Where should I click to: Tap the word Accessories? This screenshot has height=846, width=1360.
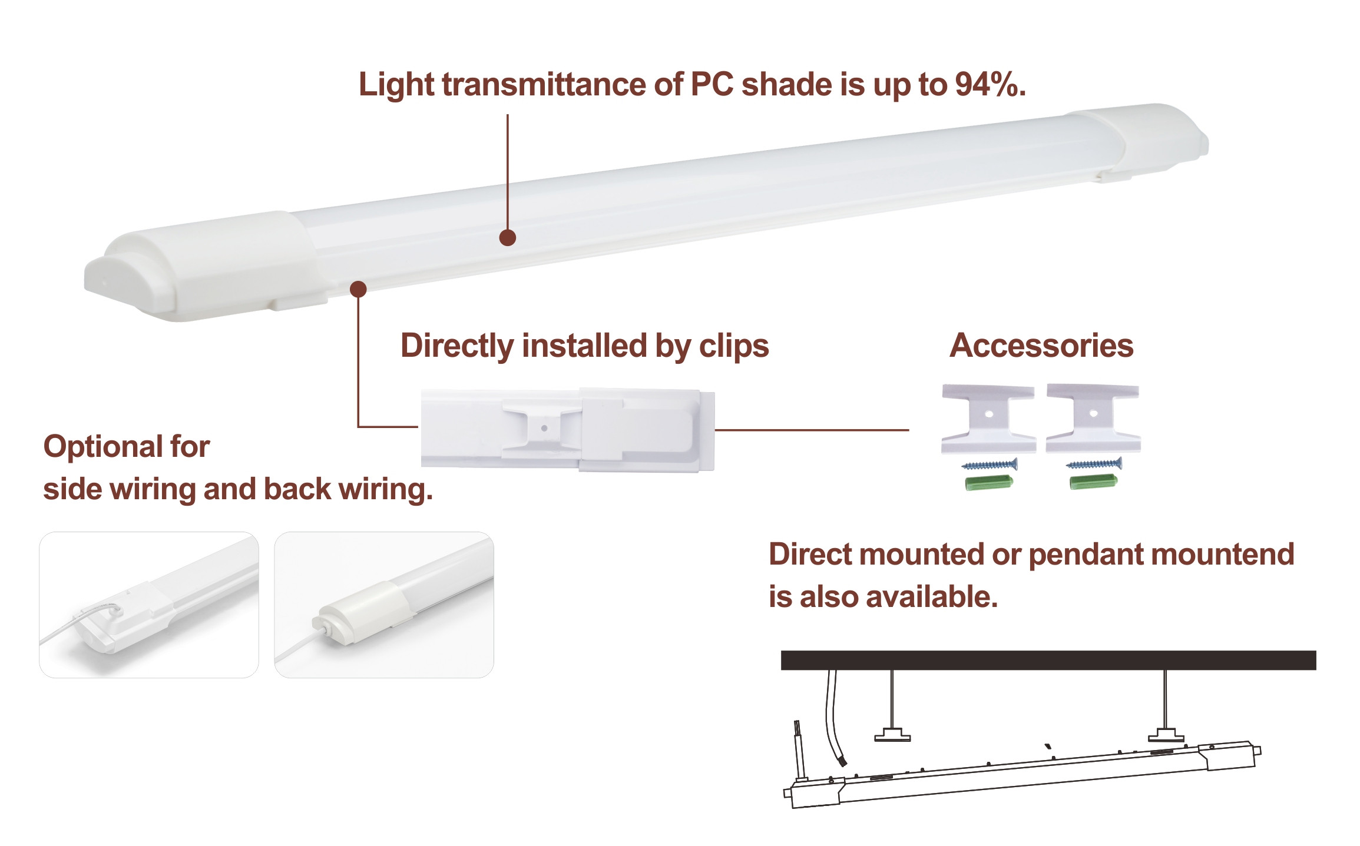tap(1041, 346)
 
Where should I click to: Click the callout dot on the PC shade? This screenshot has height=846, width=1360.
tap(507, 238)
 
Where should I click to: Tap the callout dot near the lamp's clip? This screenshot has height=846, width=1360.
tap(358, 289)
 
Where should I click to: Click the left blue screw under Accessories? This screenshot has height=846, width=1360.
tap(989, 465)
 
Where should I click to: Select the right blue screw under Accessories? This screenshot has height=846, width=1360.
tap(1094, 465)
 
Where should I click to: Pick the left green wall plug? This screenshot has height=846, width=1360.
tap(989, 483)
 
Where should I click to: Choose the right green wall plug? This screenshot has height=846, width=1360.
tap(1093, 483)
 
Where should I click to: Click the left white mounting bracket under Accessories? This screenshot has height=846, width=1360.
tap(988, 418)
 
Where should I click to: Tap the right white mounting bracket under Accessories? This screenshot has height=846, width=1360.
tap(1093, 417)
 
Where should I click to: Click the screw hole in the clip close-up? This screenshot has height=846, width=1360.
tap(544, 429)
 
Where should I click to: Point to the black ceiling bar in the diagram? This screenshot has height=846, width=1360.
tap(1048, 660)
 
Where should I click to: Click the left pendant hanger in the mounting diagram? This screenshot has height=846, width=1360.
tap(892, 734)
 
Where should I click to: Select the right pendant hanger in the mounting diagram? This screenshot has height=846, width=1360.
tap(1165, 734)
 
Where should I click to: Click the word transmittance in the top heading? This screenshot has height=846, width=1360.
tap(545, 85)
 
